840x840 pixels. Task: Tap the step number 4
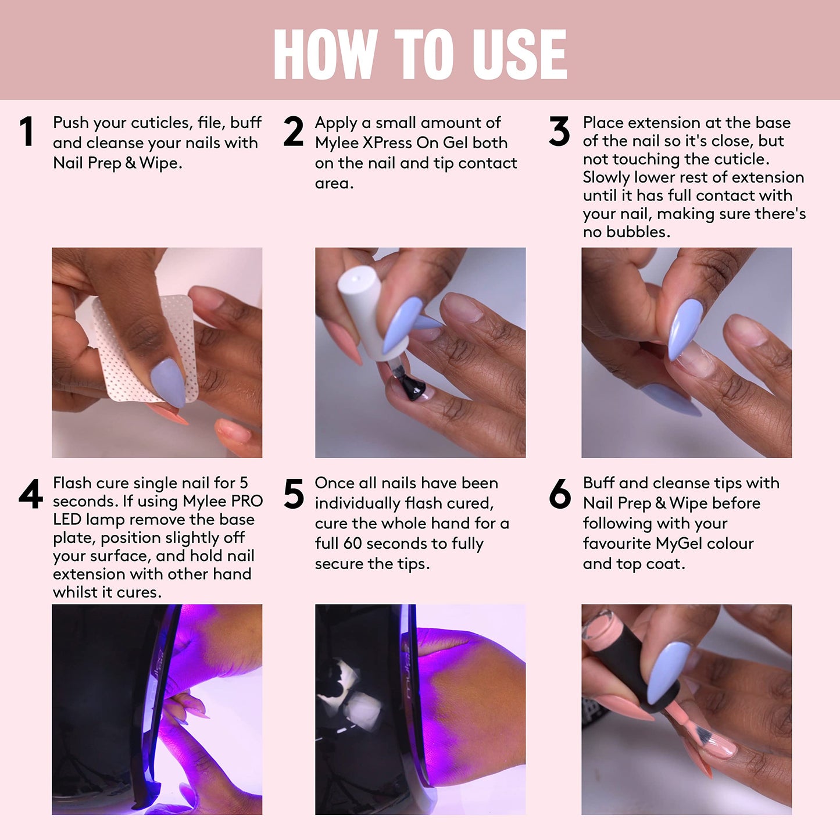tap(30, 494)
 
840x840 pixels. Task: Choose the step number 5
tap(294, 494)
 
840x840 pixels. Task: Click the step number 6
tap(560, 494)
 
